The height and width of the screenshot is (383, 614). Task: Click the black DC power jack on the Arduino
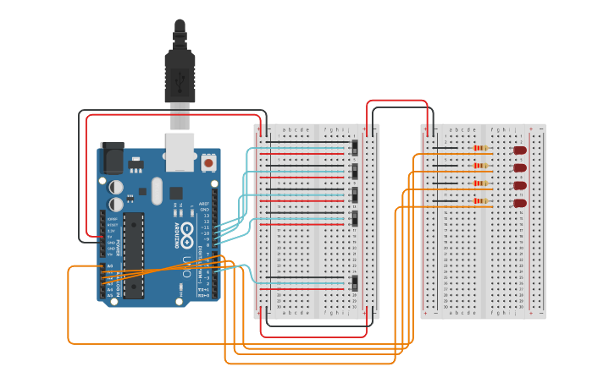coord(112,158)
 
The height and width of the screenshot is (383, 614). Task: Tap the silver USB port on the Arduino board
coord(180,150)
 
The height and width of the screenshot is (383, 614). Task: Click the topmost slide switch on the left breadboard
coord(354,148)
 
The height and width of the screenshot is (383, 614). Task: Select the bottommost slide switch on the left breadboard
coord(354,282)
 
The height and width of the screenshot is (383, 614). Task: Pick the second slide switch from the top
coord(354,172)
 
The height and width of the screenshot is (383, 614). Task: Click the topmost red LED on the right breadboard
coord(519,150)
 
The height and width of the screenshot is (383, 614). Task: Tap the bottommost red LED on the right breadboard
coord(519,203)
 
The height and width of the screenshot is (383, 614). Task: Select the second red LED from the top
coord(519,167)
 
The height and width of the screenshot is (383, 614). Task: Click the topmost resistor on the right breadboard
coord(480,148)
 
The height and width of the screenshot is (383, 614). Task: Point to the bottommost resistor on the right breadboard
coord(480,200)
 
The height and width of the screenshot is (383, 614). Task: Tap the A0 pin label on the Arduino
coord(109,265)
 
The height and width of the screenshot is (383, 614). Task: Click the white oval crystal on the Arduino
coord(157,191)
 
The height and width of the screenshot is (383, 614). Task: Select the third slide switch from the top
coord(354,195)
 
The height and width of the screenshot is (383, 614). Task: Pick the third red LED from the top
coord(519,185)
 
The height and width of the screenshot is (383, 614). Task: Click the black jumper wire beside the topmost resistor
coord(446,148)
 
